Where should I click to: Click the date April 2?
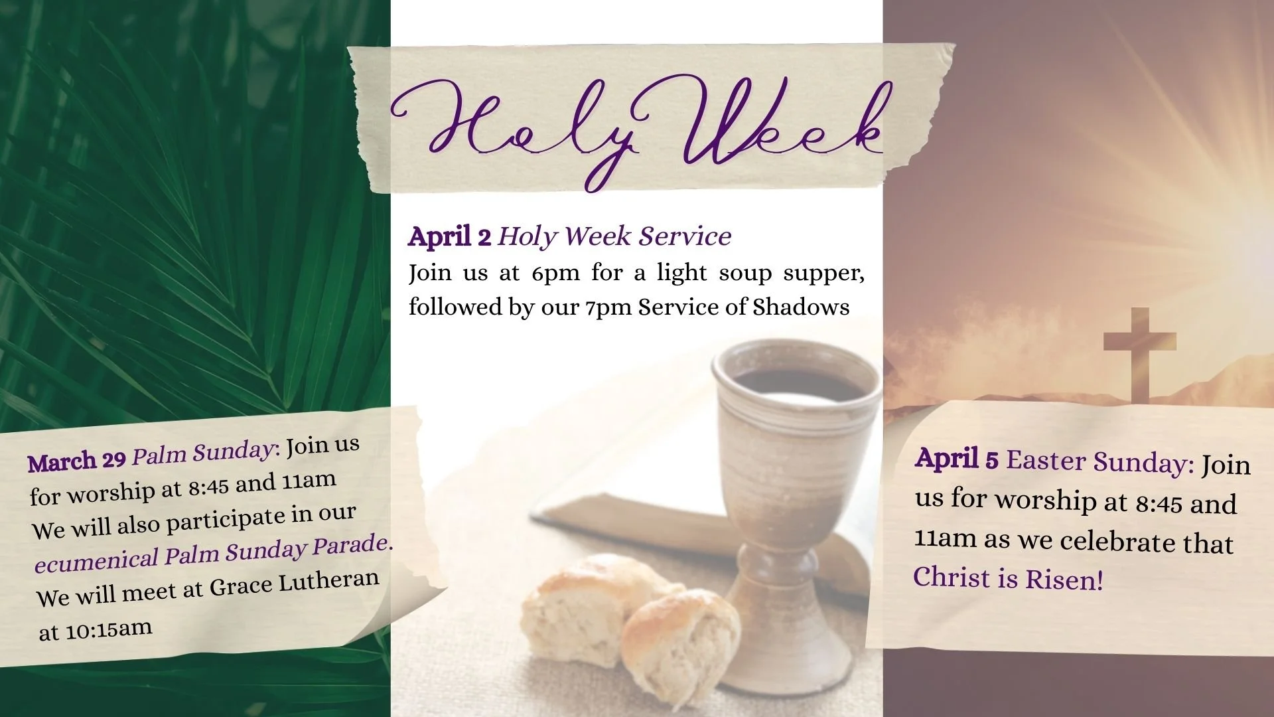[449, 236]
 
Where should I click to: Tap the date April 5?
[956, 459]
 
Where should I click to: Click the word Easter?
[1046, 460]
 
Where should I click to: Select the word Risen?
[1064, 580]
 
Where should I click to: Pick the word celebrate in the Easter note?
[1119, 542]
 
